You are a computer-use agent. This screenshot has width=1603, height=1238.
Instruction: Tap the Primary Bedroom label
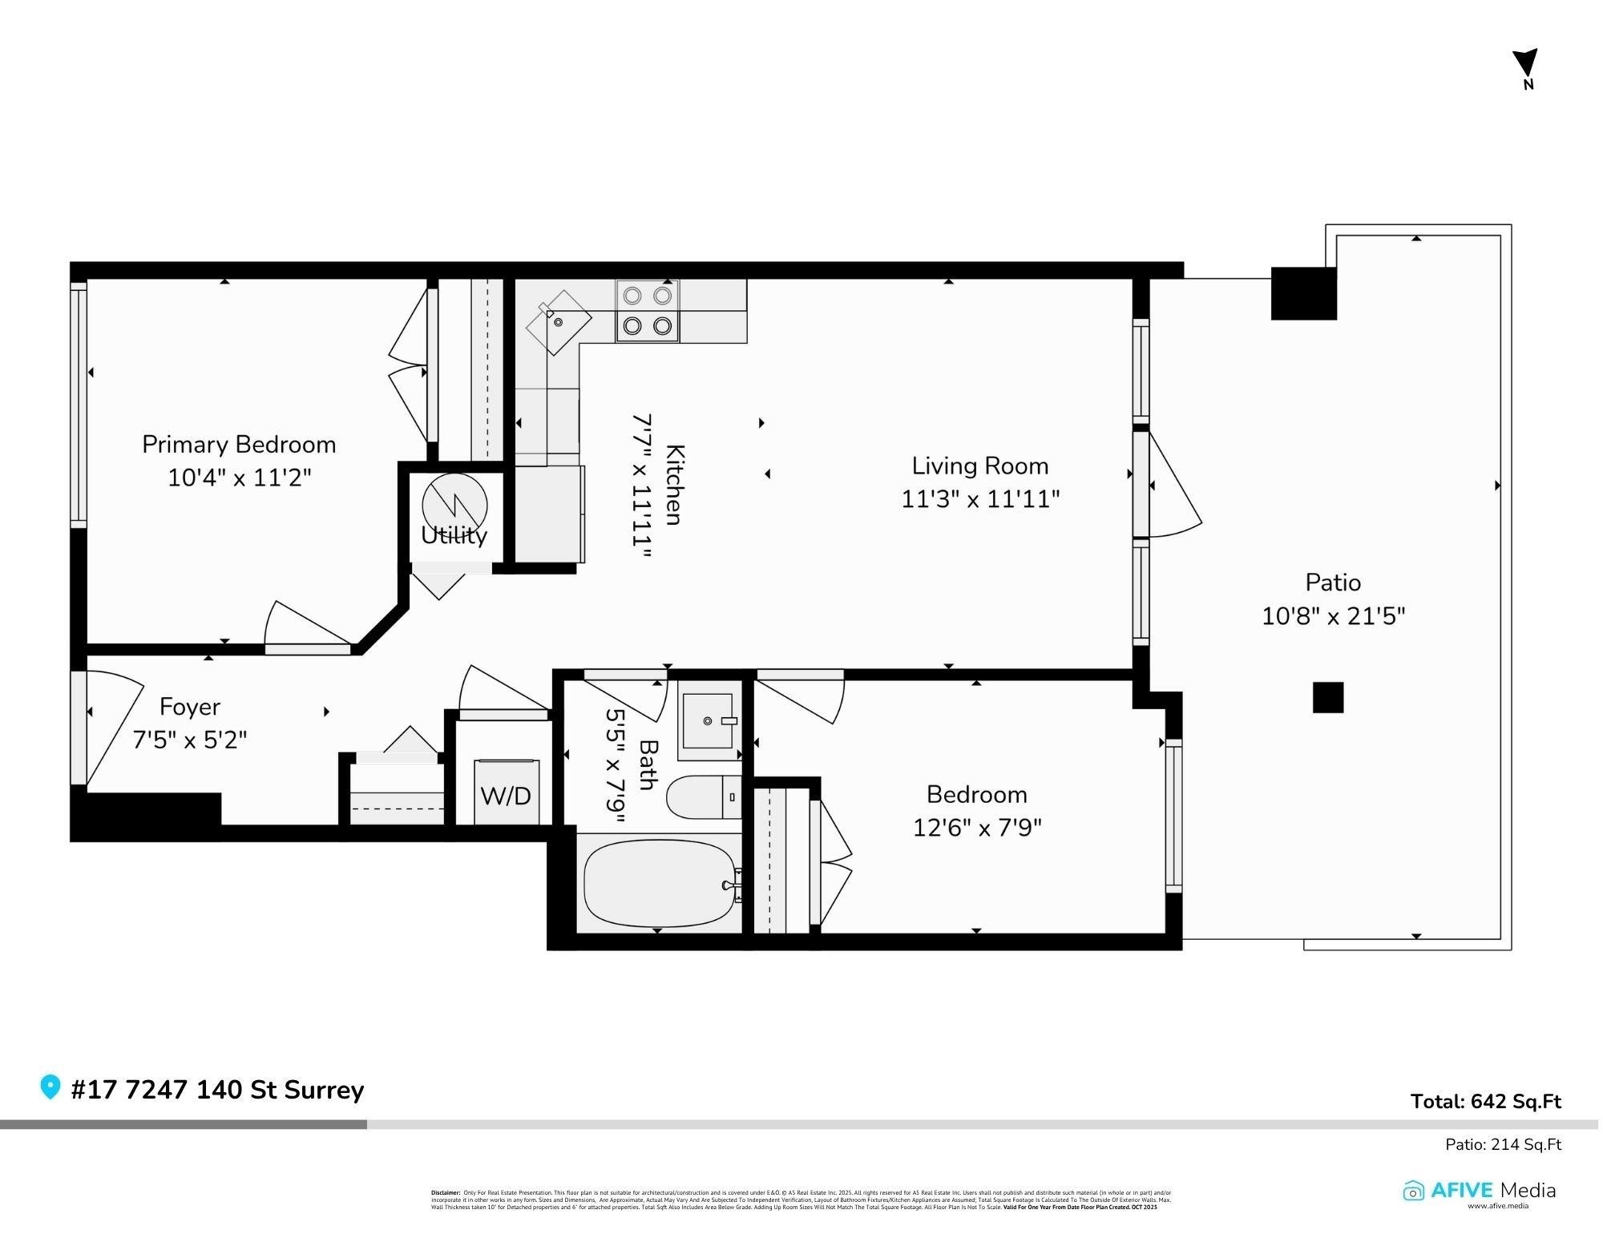(239, 445)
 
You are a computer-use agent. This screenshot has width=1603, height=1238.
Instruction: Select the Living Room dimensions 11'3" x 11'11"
(980, 499)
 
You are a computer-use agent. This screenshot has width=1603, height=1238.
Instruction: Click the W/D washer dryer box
(506, 793)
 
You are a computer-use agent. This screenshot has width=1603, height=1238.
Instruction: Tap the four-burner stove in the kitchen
(647, 311)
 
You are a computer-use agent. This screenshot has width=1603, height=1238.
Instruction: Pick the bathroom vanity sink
(708, 721)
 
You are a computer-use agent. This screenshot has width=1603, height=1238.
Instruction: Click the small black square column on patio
(1327, 697)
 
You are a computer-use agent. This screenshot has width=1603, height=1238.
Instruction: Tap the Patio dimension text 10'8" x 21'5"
(1333, 616)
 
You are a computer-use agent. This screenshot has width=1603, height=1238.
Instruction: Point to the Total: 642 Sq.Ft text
(1485, 1102)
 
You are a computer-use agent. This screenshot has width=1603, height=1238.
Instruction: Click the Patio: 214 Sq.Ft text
(1503, 1144)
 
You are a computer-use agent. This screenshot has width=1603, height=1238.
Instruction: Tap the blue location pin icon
(50, 1087)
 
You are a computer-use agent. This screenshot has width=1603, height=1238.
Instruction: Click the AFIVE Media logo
(1479, 1191)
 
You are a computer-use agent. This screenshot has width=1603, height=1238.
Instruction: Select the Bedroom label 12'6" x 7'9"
(976, 811)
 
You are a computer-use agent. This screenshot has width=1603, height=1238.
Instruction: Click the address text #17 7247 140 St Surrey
(217, 1090)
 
